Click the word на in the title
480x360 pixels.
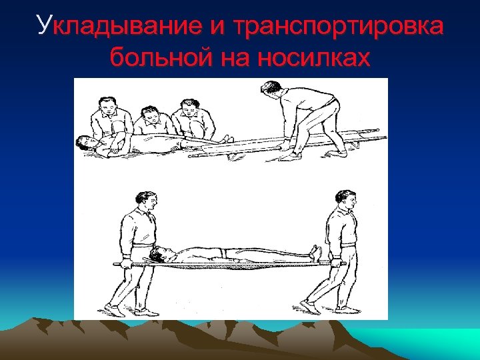(233, 58)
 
